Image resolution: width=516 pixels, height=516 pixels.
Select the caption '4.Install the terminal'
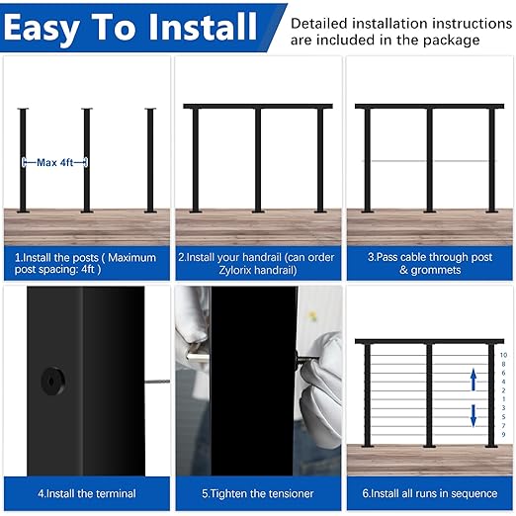[x=87, y=492]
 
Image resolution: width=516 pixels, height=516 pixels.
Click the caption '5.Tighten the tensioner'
[x=257, y=492]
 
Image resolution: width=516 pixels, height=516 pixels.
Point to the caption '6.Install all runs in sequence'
[x=428, y=492]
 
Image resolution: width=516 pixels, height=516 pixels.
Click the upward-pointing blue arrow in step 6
[x=473, y=379]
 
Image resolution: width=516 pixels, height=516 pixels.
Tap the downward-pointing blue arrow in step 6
[x=473, y=414]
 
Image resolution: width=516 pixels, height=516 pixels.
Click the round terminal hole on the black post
[x=46, y=380]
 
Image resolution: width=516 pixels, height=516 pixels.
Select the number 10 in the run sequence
[x=502, y=354]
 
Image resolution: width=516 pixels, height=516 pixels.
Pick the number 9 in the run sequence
[x=502, y=434]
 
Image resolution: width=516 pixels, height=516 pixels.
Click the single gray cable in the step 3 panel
[x=396, y=161]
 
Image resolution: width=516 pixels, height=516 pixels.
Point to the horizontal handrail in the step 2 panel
[x=257, y=106]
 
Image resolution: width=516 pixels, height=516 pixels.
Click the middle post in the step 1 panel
[x=86, y=158]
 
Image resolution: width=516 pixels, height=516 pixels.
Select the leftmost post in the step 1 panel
[x=22, y=158]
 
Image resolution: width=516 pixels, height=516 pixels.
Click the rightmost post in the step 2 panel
[x=320, y=158]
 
